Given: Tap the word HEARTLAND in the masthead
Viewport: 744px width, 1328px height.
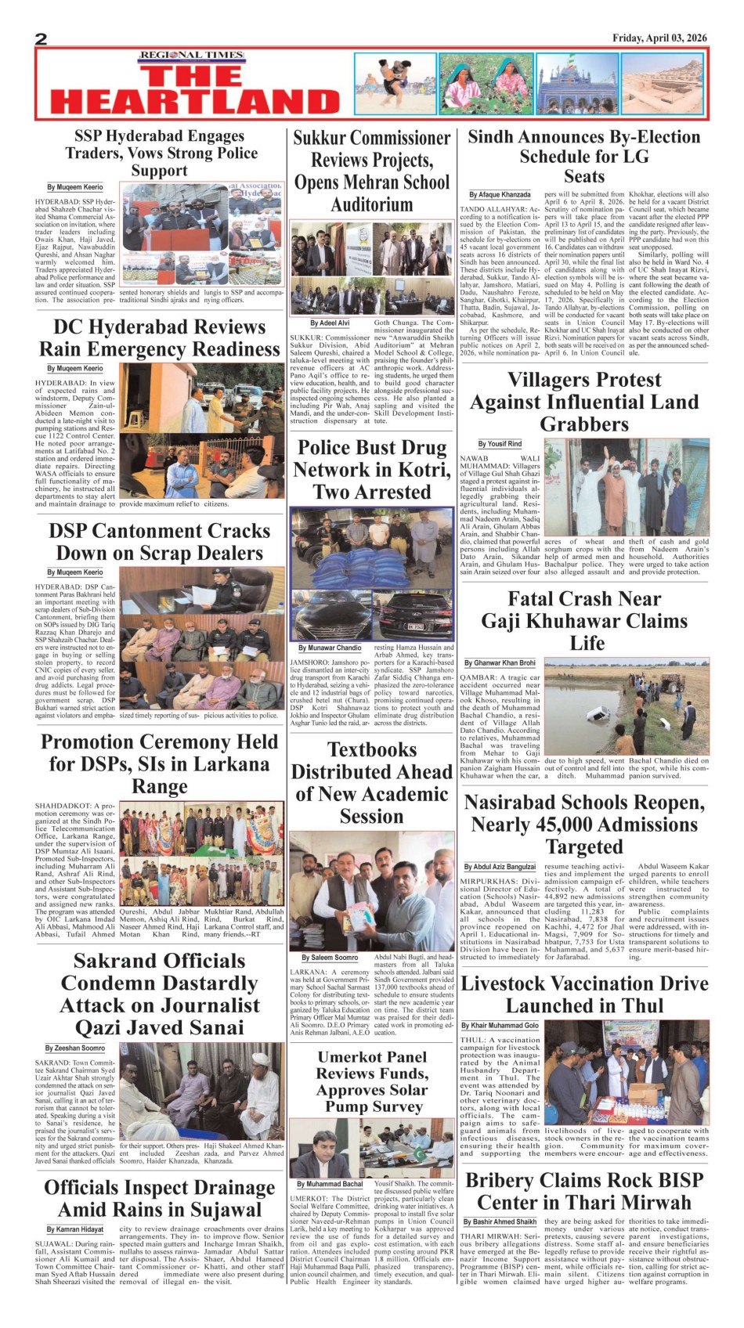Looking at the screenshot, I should coord(195,103).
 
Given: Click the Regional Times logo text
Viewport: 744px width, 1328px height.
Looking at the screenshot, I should coord(192,56).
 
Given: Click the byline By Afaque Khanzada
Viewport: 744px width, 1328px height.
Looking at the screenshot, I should coord(500,194).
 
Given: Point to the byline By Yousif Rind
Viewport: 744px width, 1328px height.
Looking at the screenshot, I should coord(500,443).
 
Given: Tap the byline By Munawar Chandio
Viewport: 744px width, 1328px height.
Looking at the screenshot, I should coord(330,648).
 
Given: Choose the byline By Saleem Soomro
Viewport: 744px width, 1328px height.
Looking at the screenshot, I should coord(330,957).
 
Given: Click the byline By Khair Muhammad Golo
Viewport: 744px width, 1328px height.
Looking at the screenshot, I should coord(500,1025).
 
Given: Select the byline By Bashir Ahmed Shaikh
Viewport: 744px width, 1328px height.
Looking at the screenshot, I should coord(500,1222).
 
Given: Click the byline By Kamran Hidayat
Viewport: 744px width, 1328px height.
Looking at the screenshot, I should coord(74,1229).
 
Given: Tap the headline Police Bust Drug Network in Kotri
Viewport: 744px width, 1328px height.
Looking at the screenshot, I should coord(371,470).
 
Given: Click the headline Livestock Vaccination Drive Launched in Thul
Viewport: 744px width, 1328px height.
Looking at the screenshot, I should coord(584,994).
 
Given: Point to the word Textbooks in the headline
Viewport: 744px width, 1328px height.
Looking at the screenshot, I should coord(371,749).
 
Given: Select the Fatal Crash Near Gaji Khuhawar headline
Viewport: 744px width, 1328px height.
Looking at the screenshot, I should coord(584,620).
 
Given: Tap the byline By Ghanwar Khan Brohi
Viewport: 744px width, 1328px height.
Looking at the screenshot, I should coord(500,662).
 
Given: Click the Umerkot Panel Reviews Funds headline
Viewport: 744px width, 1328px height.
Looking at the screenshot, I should coord(371,1081).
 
